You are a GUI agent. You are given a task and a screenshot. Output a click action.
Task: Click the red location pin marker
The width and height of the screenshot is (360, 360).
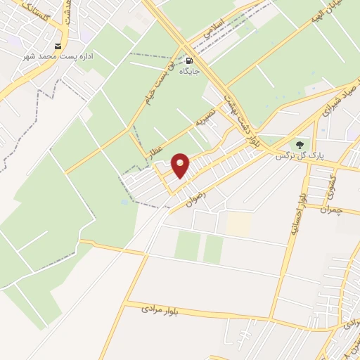pyautogui.click(x=181, y=166)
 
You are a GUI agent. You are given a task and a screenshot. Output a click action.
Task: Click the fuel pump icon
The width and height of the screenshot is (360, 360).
pyautogui.click(x=189, y=60)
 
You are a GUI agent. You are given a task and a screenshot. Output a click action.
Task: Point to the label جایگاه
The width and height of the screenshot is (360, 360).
pyautogui.click(x=190, y=71)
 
